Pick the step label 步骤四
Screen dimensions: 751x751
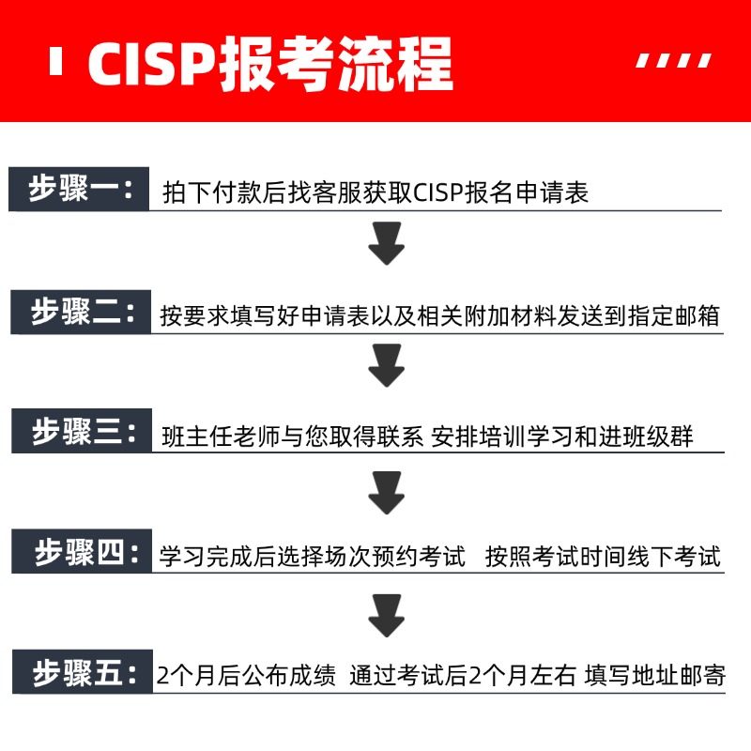(x=79, y=553)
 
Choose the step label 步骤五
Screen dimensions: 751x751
(x=79, y=673)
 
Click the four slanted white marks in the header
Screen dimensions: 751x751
(x=674, y=62)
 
